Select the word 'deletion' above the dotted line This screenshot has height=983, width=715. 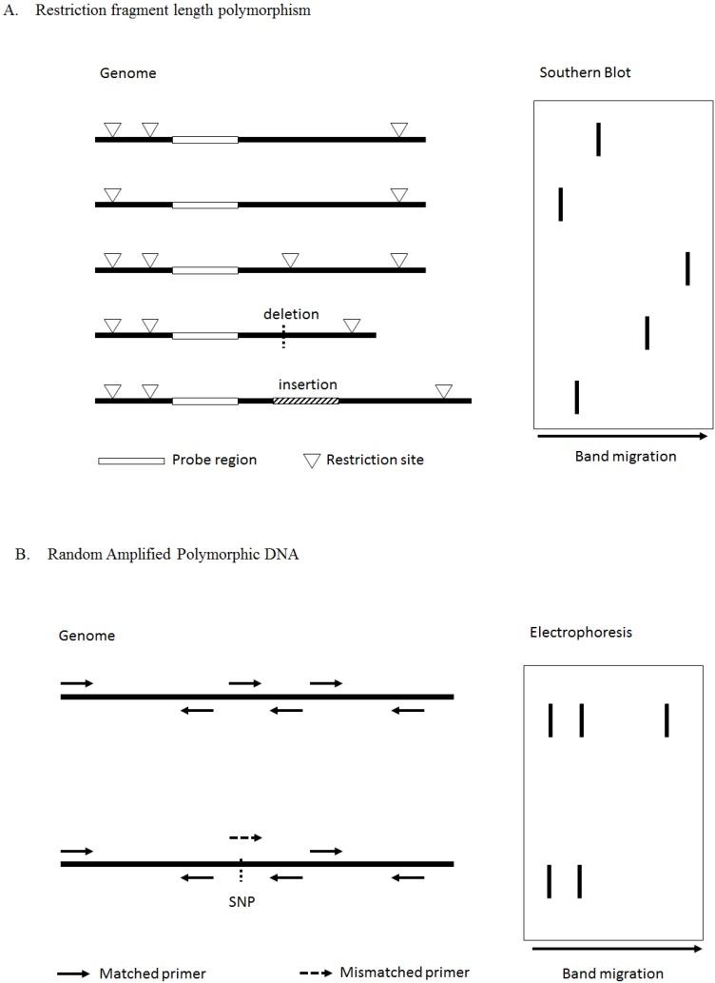coord(292,314)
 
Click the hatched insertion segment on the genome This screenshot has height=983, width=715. coord(305,401)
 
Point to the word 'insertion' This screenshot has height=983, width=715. coord(307,384)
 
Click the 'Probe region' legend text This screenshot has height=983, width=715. coord(214,460)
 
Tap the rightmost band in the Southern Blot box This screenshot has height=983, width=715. coord(687,269)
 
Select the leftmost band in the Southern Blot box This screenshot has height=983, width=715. coord(561,204)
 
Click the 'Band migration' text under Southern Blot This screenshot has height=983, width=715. coord(626,456)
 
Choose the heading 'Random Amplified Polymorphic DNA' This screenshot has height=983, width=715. coord(172,555)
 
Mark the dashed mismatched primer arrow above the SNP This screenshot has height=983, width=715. coord(245,838)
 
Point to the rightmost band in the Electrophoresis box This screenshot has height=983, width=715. coord(667,720)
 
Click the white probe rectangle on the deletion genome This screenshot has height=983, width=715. coord(204,335)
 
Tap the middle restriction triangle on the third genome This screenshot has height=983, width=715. coord(291,259)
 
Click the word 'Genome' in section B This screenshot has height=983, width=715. coord(87,635)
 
